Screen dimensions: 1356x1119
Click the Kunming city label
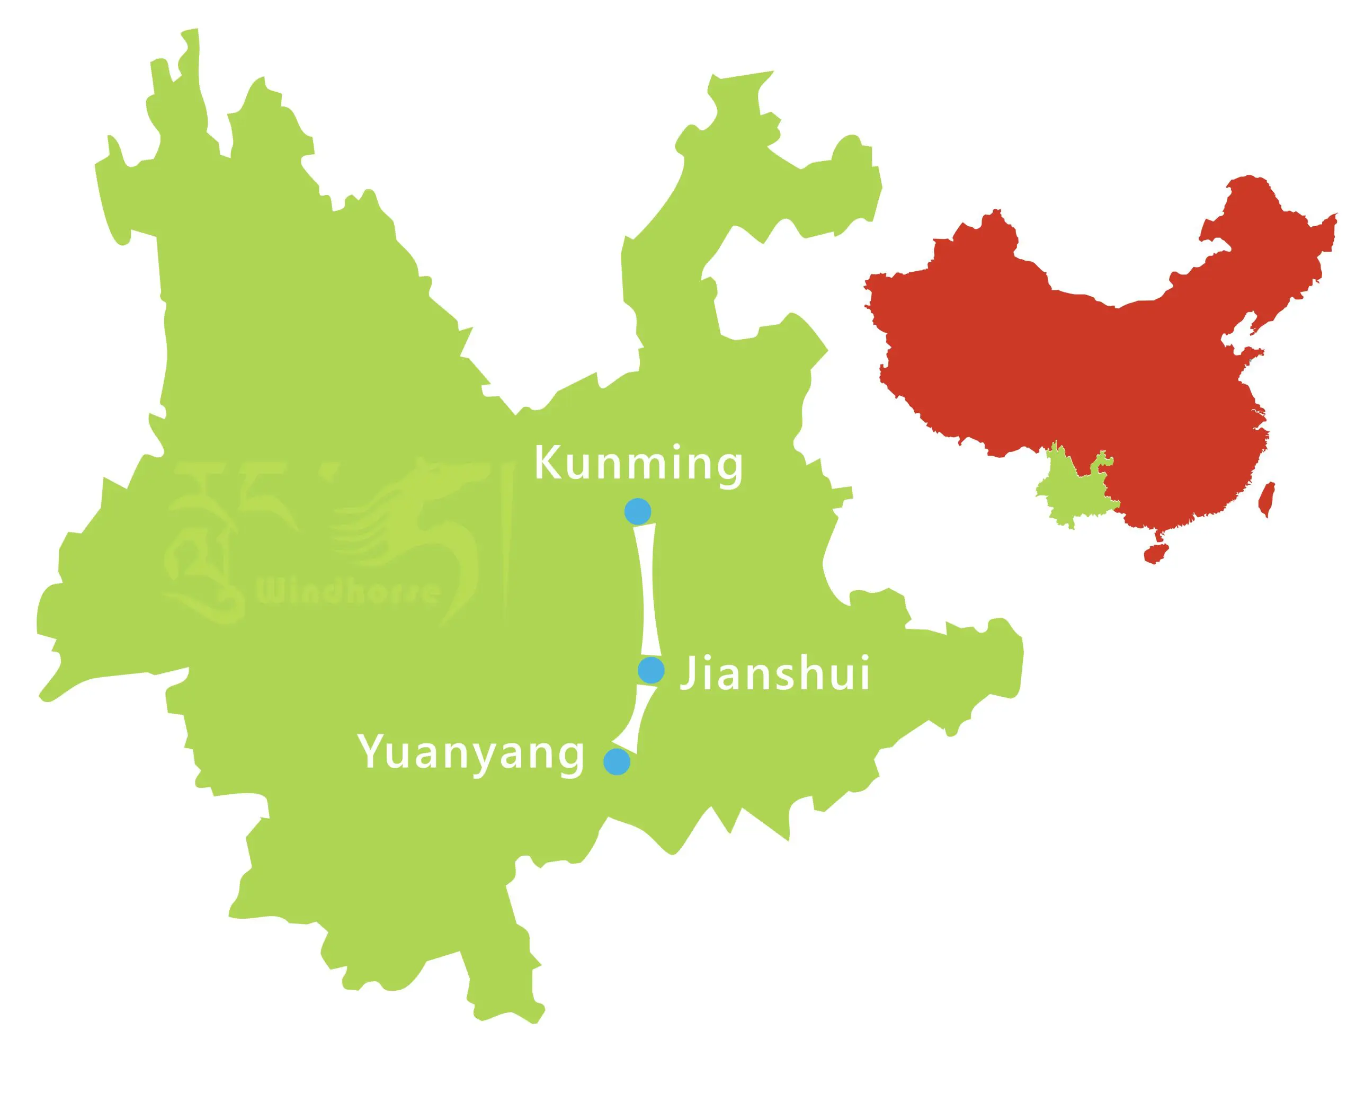click(x=638, y=464)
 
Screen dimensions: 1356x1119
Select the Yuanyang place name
click(x=471, y=752)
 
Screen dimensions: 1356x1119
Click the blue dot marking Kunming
click(x=637, y=511)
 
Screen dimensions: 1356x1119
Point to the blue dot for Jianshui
click(x=651, y=670)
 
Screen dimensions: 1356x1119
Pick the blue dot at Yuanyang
click(x=617, y=761)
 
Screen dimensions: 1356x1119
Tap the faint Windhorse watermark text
click(x=348, y=591)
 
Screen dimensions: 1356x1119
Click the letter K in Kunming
click(x=546, y=463)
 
